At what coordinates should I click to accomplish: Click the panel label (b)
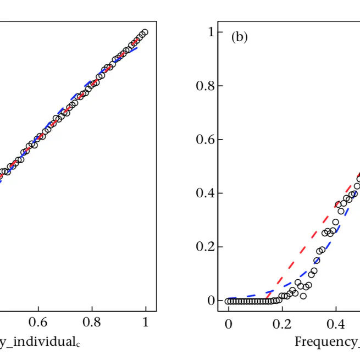point(240,37)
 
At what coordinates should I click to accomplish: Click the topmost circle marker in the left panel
point(145,32)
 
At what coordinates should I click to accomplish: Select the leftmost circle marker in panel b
point(228,301)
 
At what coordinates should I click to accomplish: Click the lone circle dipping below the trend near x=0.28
point(303,296)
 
